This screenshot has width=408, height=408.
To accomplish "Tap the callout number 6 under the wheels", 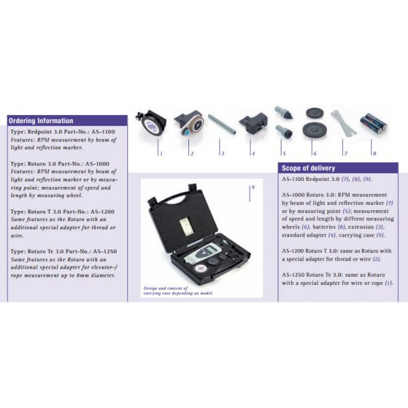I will coord(313,154).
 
